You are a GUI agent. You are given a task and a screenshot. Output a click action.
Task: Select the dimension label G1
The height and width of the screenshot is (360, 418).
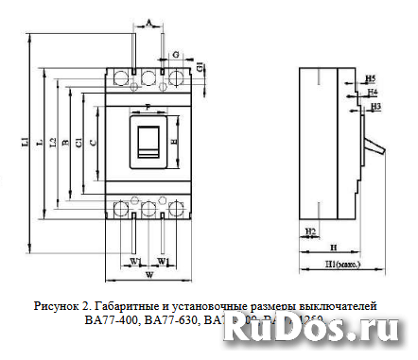pos(200,66)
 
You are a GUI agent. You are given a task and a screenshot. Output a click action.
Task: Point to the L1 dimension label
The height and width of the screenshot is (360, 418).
pos(24,143)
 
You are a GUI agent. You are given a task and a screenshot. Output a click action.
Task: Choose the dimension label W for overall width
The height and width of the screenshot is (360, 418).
pos(149,276)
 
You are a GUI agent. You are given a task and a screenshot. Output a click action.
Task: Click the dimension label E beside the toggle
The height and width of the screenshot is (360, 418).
pos(175,141)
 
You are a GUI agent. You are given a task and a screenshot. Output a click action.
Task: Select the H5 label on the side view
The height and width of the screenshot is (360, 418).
pos(370,77)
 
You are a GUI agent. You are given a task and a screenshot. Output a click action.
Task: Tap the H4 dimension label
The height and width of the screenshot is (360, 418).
pos(373,92)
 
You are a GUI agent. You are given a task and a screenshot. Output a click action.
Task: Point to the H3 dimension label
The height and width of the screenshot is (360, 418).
pos(375,107)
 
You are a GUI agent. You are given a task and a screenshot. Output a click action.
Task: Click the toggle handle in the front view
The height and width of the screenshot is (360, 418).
pos(149,141)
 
